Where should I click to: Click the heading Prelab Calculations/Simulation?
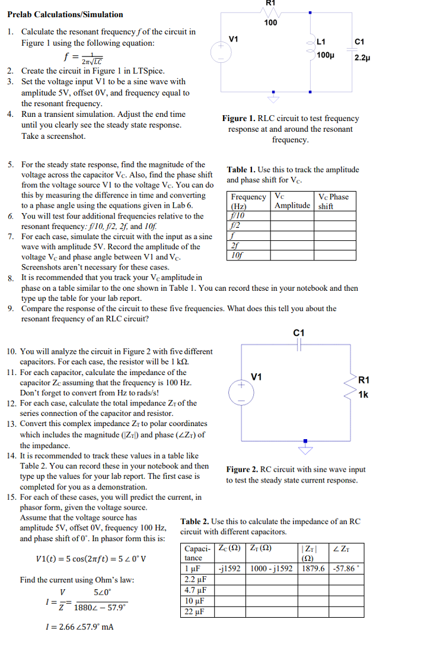(65, 14)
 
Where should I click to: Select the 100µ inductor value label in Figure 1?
(324, 55)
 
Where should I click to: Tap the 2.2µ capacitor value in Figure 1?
(362, 58)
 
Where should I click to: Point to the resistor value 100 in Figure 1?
(270, 23)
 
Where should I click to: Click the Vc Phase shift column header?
(333, 201)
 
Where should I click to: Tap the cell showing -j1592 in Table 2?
(229, 568)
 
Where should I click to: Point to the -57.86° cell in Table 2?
(347, 568)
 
